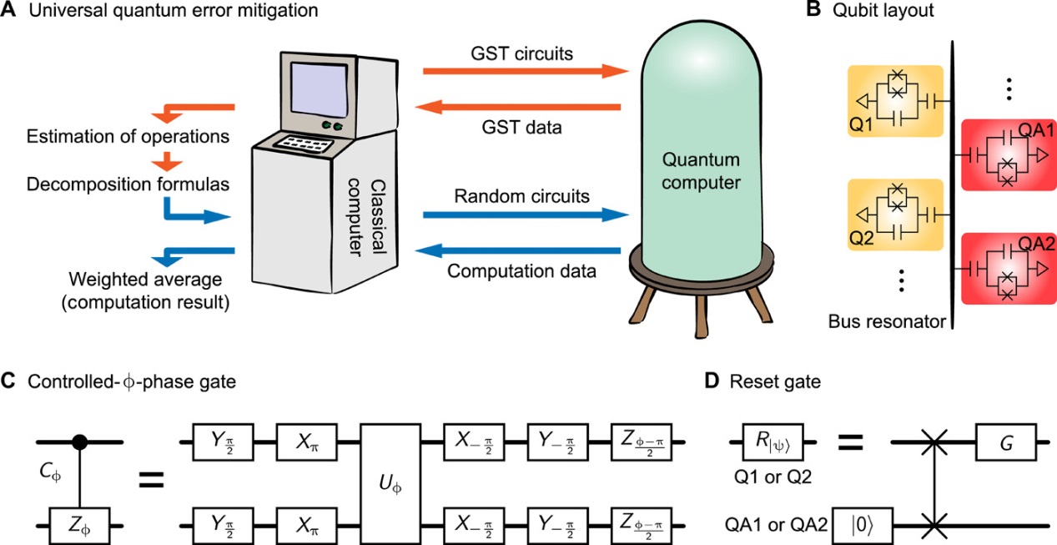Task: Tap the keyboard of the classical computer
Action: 301,144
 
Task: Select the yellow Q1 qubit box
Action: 895,101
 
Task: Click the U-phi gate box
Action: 390,484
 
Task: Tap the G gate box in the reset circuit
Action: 1006,441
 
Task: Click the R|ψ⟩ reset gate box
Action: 778,441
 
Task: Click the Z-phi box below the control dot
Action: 80,527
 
